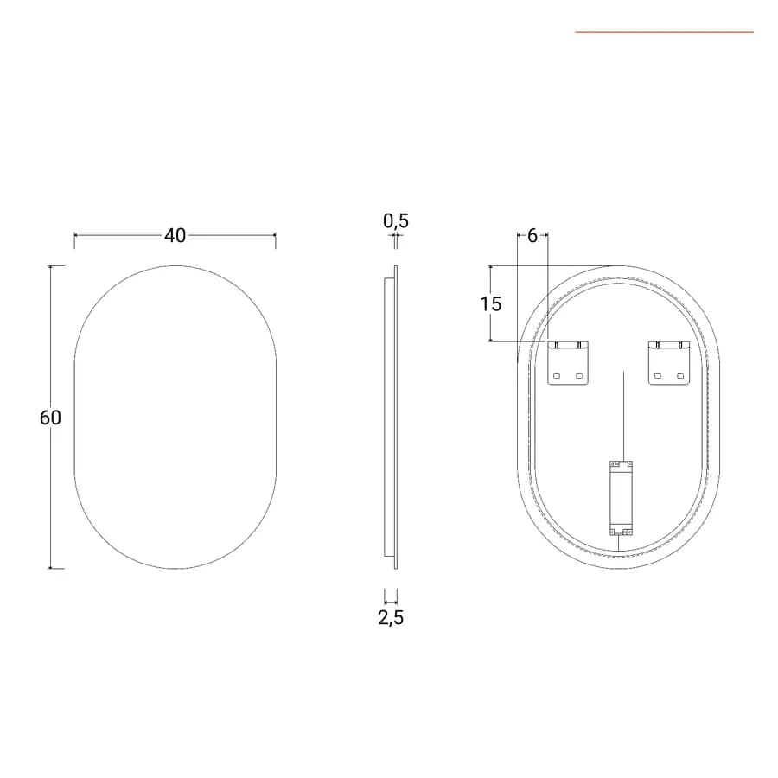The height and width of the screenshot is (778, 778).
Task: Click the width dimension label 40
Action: coord(175,236)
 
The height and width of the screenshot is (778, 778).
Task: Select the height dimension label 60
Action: coord(50,418)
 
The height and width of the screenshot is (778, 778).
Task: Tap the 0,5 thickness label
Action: coord(395,220)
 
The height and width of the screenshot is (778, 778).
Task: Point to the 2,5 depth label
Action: coord(391,618)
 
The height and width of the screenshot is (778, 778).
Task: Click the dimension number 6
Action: coord(532,236)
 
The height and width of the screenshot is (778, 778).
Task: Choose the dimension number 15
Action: coord(491,303)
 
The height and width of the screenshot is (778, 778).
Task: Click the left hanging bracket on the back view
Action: coord(568,363)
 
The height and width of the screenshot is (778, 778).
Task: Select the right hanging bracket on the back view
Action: coord(669,363)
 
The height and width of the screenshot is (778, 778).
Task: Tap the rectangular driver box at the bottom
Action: coord(622,498)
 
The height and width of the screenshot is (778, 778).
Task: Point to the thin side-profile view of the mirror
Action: coord(391,418)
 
